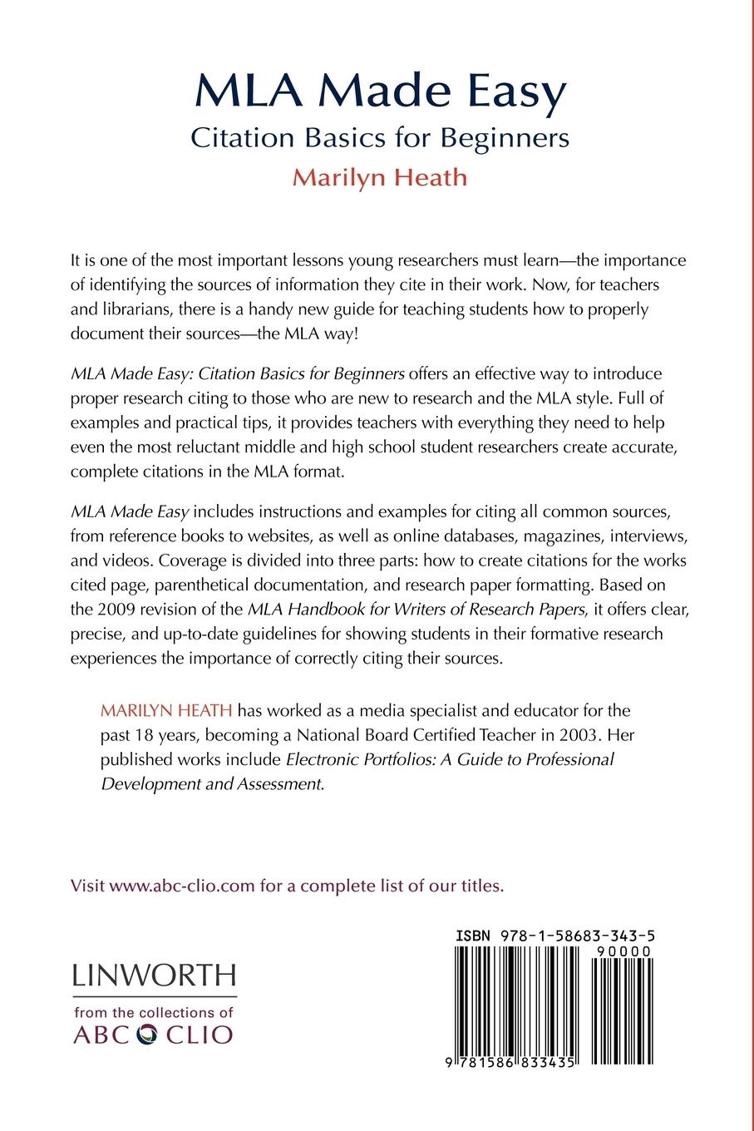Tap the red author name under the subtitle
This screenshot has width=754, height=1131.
pyautogui.click(x=380, y=177)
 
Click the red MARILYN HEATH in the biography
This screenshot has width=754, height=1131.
pyautogui.click(x=166, y=711)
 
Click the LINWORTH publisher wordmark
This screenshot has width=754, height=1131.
pyautogui.click(x=155, y=975)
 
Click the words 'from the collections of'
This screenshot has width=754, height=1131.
pyautogui.click(x=154, y=1013)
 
